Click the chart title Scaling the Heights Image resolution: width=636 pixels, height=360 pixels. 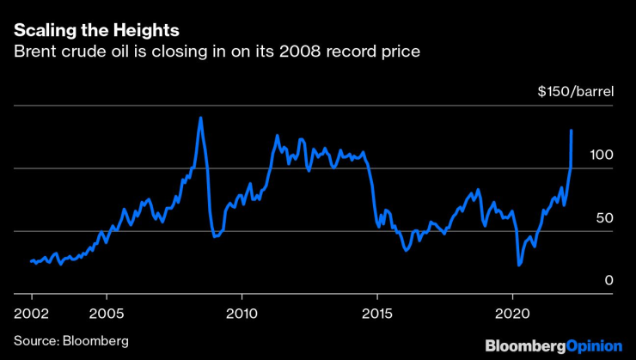(96, 30)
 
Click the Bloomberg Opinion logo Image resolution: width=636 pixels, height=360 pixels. (553, 345)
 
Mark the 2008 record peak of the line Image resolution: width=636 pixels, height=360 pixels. (200, 118)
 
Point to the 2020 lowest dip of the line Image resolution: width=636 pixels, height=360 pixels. (519, 265)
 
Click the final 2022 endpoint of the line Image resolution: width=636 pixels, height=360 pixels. (572, 131)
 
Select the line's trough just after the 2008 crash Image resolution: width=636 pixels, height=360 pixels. (215, 235)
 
